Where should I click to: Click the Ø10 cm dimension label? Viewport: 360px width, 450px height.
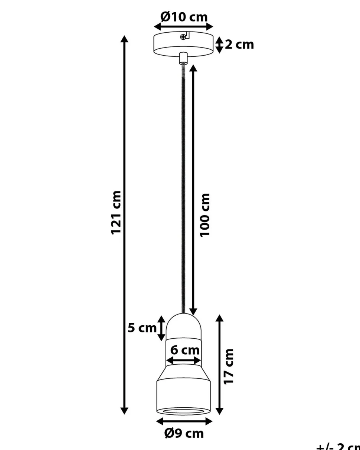pyautogui.click(x=184, y=17)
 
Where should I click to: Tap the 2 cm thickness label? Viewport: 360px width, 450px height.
pyautogui.click(x=239, y=45)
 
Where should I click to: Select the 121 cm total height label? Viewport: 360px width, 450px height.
pyautogui.click(x=116, y=212)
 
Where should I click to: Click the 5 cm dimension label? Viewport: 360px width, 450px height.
pyautogui.click(x=142, y=328)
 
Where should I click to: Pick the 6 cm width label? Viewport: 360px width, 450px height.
pyautogui.click(x=184, y=350)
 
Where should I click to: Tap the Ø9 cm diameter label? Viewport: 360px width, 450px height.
pyautogui.click(x=184, y=433)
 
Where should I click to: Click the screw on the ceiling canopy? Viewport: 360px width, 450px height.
pyautogui.click(x=183, y=36)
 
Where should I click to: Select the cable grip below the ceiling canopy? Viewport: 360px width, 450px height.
pyautogui.click(x=183, y=58)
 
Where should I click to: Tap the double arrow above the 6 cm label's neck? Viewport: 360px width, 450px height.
pyautogui.click(x=184, y=360)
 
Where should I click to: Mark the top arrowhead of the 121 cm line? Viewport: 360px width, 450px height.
pyautogui.click(x=125, y=39)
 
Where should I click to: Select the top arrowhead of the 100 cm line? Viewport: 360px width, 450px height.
pyautogui.click(x=193, y=69)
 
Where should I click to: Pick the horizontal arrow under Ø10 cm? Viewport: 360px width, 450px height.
pyautogui.click(x=184, y=27)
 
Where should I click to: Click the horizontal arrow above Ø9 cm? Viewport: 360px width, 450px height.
pyautogui.click(x=184, y=421)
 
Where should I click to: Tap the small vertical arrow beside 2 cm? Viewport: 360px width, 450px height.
pyautogui.click(x=219, y=45)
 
